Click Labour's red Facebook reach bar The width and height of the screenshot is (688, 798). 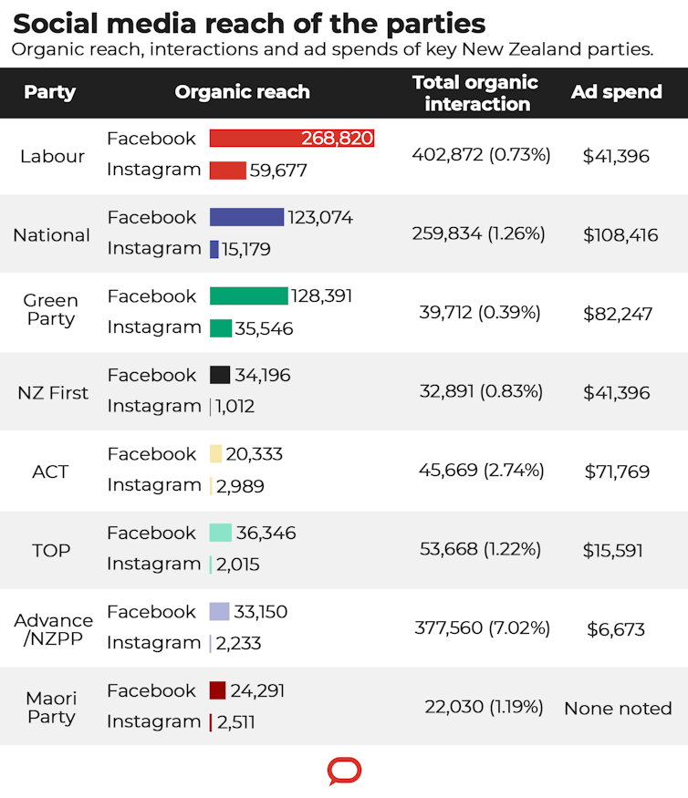[251, 138]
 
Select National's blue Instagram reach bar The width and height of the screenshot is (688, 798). [214, 249]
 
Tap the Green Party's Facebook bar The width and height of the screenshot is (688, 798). [248, 296]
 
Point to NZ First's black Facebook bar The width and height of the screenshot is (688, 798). [220, 375]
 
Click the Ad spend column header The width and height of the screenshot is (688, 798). [617, 92]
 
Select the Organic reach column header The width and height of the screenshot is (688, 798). [242, 92]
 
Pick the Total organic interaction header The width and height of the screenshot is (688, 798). [475, 93]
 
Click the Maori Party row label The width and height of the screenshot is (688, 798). [52, 708]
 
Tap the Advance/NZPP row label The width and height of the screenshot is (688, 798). [53, 629]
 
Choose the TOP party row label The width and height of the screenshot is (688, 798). [51, 551]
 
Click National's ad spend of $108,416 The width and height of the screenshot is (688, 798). [620, 235]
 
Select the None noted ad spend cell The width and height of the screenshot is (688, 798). [618, 708]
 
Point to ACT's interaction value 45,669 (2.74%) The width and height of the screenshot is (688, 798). [481, 471]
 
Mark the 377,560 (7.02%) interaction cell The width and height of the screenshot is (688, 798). [480, 628]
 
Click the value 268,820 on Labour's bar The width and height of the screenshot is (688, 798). [337, 139]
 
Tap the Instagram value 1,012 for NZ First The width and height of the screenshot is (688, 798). [235, 407]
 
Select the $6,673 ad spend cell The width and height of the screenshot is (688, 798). [617, 629]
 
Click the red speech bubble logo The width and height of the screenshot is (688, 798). [344, 772]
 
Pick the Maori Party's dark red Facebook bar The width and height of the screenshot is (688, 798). [217, 690]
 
